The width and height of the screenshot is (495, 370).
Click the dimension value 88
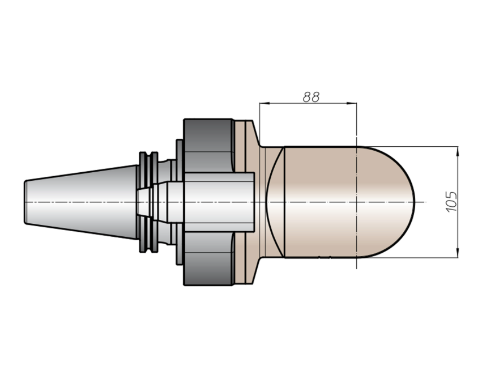tap(311, 97)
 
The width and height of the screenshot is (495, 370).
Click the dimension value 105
tap(452, 202)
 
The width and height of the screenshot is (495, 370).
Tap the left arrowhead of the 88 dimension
tap(264, 103)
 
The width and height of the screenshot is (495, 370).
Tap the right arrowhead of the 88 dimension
tap(352, 103)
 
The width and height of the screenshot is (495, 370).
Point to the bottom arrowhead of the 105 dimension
tap(458, 253)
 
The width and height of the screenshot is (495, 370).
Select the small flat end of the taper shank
tap(25, 202)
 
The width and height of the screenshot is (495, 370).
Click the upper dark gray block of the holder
tap(208, 146)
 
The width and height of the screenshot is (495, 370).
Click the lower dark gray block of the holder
tap(208, 258)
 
